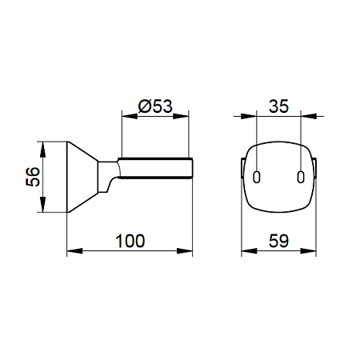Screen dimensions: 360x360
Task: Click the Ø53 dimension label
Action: tap(155, 106)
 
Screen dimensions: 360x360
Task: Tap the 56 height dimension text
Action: tap(33, 177)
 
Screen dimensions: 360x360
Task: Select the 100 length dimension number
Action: tap(130, 241)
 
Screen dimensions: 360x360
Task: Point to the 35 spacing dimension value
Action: tap(278, 106)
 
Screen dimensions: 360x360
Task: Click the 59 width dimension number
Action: tap(278, 241)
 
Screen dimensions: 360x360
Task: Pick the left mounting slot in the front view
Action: tap(256, 177)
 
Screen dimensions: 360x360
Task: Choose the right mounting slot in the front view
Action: tap(301, 177)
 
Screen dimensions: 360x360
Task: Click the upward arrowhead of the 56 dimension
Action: tap(42, 150)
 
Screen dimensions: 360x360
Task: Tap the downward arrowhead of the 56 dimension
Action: tap(42, 204)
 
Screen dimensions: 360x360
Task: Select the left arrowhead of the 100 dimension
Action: tap(74, 250)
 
